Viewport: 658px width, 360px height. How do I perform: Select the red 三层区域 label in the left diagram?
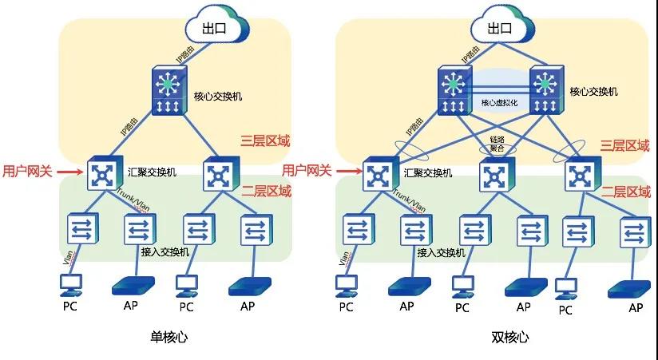point(265,141)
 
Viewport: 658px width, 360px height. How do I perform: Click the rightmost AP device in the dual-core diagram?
point(625,288)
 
